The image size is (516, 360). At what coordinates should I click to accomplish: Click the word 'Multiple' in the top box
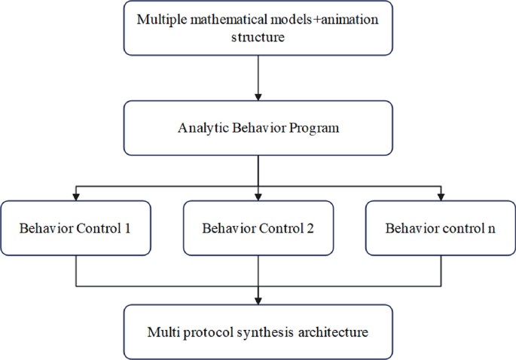[160, 19]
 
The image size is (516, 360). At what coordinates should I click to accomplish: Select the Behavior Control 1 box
[76, 227]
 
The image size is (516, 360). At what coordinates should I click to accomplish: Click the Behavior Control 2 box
[258, 227]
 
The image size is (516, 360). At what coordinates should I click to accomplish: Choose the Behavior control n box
[440, 227]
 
